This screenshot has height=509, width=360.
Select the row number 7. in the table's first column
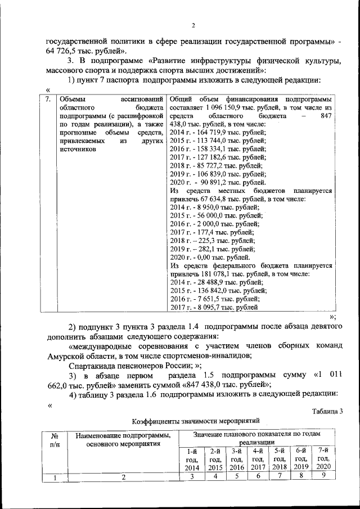coord(49,100)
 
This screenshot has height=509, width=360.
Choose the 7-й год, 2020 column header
coord(322,458)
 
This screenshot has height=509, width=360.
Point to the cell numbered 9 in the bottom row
coord(322,476)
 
